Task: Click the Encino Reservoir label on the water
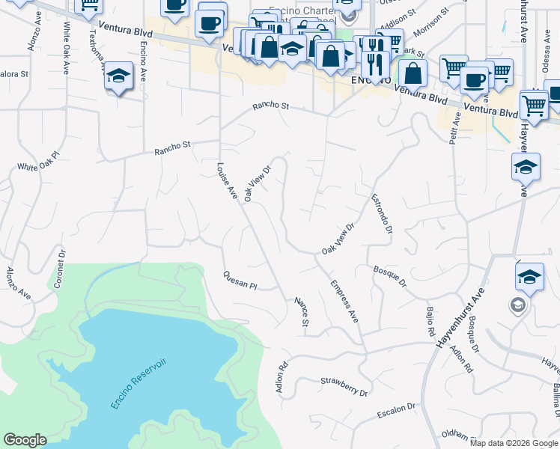click(x=140, y=383)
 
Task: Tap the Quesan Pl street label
click(x=240, y=280)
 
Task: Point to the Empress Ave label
click(x=345, y=300)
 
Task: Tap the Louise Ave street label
click(x=226, y=181)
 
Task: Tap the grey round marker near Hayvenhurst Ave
click(x=518, y=305)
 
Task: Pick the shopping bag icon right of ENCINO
click(x=413, y=73)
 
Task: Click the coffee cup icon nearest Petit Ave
click(x=473, y=79)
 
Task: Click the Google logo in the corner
click(x=25, y=440)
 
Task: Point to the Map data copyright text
click(x=513, y=442)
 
